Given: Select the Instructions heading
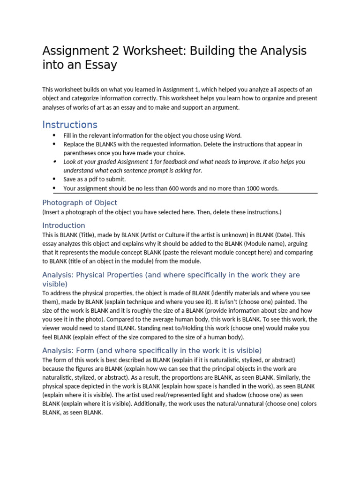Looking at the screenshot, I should coord(70,125).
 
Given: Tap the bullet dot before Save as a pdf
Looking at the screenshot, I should coord(54,180).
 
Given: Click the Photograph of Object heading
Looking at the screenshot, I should coord(80,202).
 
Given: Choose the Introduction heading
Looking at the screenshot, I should coord(64,225).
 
